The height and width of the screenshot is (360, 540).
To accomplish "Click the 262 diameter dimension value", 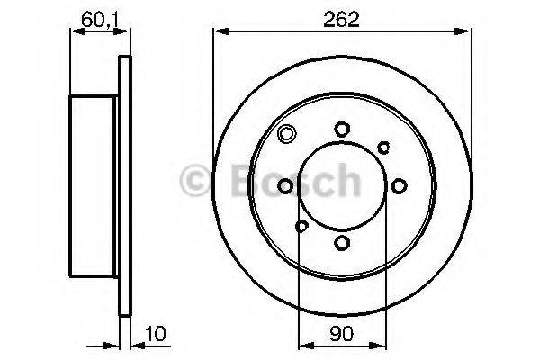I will [x=342, y=20].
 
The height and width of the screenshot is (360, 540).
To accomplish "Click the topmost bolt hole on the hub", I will [x=342, y=130].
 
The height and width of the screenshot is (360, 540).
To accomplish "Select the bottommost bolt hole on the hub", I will [x=342, y=241].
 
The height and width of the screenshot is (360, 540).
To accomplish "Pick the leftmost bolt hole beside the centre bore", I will [x=286, y=185].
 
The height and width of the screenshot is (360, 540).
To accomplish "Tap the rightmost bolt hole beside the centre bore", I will [x=398, y=185].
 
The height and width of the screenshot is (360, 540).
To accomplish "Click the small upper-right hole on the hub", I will [x=383, y=147].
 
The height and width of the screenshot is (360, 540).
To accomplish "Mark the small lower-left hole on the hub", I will [x=301, y=225].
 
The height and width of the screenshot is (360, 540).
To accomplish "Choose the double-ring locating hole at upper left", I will [x=287, y=136].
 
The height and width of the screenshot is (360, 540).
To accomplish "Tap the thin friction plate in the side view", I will [x=124, y=185].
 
